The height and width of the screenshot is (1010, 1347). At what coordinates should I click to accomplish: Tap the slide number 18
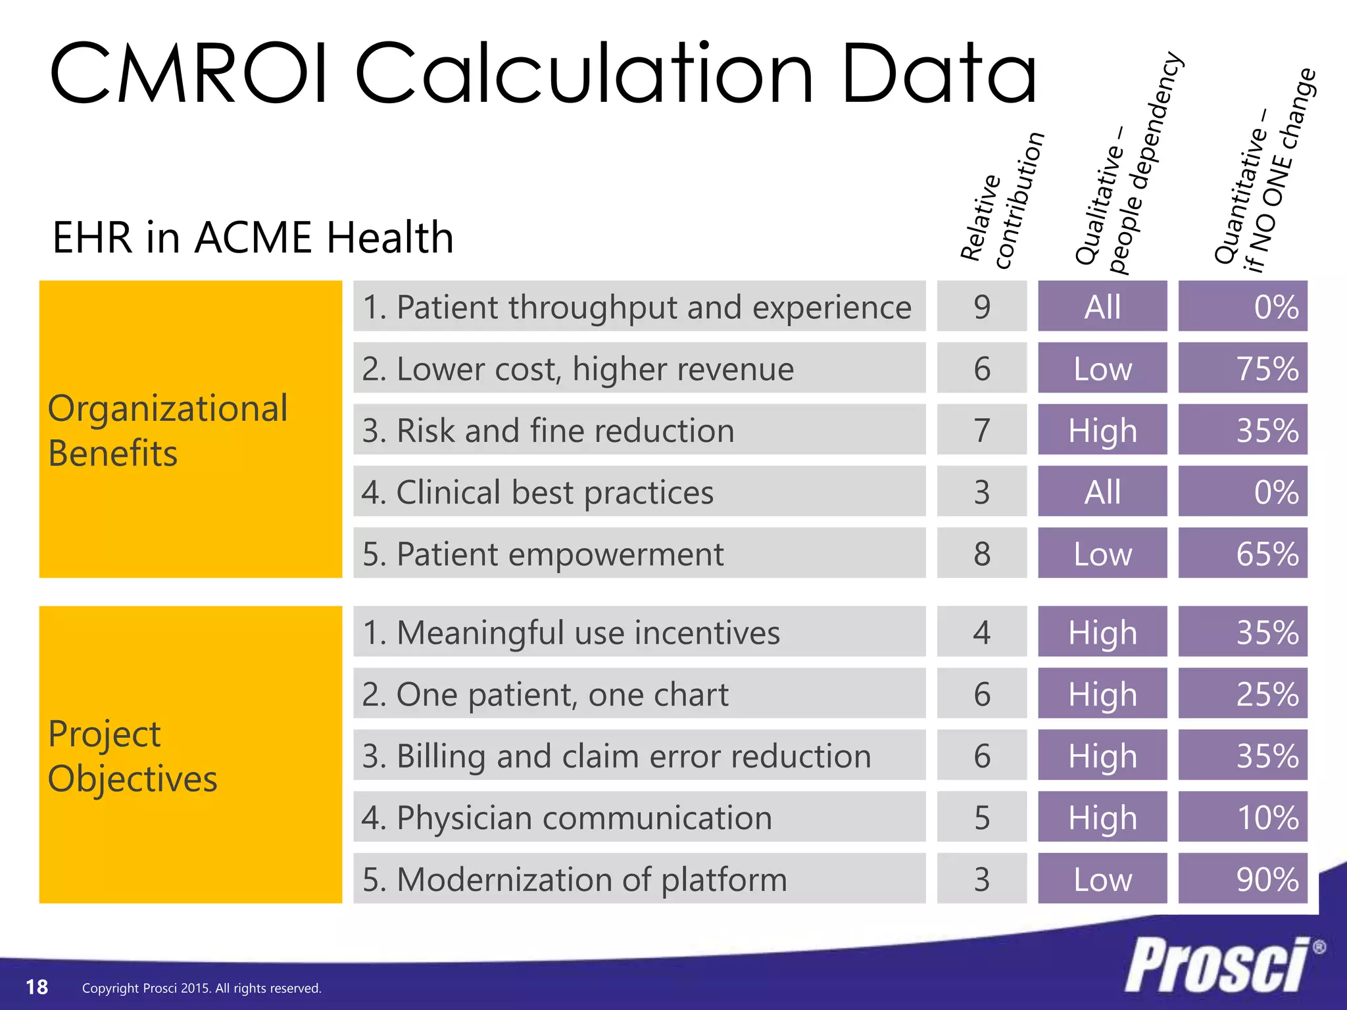[x=37, y=987]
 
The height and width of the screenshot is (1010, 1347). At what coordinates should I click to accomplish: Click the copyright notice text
[x=201, y=988]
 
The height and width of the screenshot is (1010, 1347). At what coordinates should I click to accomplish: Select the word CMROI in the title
[x=187, y=74]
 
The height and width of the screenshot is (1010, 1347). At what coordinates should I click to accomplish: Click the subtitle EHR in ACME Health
[x=253, y=237]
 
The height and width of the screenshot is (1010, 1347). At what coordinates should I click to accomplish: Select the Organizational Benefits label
[x=168, y=430]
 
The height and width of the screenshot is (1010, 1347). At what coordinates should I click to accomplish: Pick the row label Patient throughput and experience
[x=637, y=307]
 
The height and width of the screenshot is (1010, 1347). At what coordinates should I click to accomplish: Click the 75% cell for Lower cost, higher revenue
[x=1242, y=368]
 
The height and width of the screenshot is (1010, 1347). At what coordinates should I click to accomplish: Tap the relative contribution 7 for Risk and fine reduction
[x=981, y=430]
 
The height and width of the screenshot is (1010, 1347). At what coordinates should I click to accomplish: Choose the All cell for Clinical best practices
[x=1102, y=492]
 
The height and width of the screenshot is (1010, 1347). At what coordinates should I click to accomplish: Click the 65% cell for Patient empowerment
[x=1242, y=554]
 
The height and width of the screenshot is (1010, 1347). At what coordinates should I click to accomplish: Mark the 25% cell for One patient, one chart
[x=1242, y=694]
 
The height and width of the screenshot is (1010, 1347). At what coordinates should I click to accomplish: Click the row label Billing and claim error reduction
[x=617, y=756]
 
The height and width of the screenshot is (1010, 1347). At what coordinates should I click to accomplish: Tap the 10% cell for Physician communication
[x=1242, y=817]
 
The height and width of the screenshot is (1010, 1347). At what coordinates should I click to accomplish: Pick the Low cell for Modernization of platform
[x=1102, y=879]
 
